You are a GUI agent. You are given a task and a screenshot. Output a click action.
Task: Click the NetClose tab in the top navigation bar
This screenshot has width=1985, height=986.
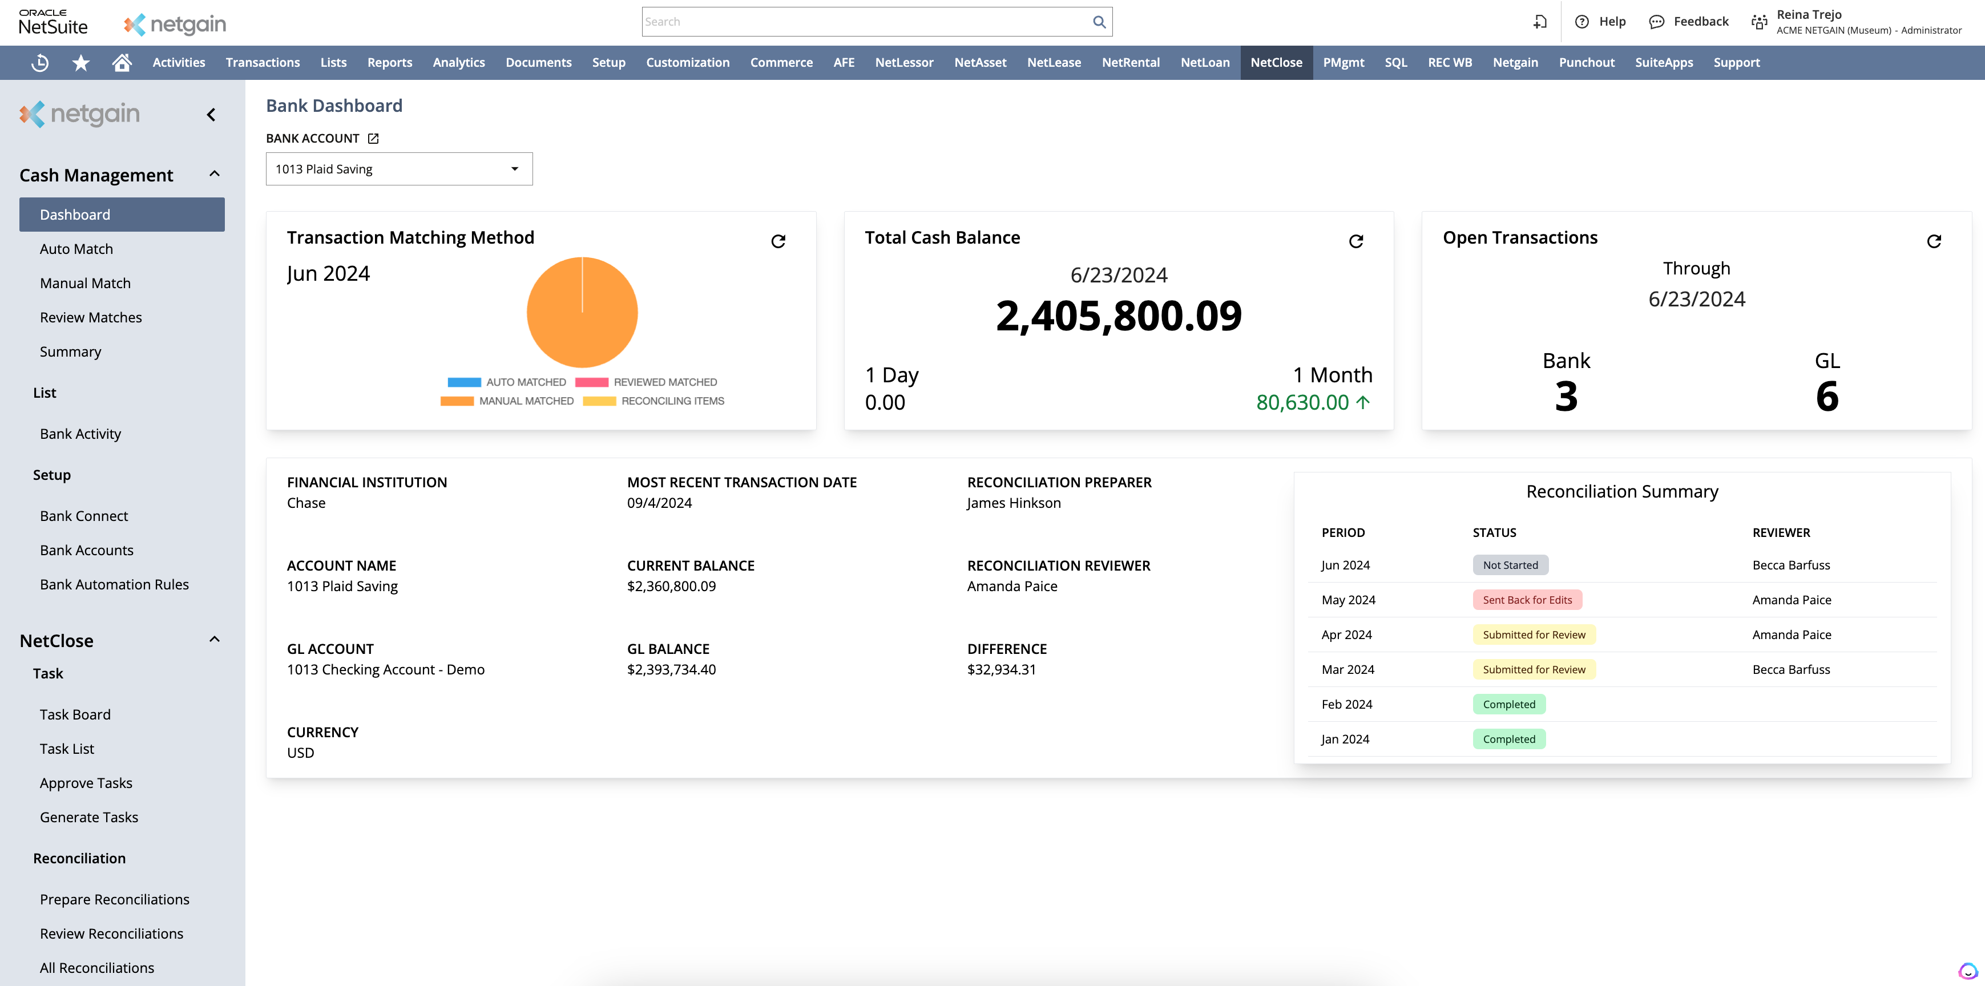[1276, 62]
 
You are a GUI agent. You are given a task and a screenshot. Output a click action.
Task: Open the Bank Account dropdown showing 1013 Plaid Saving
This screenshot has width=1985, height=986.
[398, 169]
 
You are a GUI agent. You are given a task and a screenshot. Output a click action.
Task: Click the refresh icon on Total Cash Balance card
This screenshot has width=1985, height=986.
[1355, 241]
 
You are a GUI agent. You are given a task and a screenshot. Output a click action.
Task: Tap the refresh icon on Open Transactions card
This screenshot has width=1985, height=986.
[1934, 241]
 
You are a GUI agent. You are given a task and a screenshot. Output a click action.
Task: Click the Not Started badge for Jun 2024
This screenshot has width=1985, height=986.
[1510, 565]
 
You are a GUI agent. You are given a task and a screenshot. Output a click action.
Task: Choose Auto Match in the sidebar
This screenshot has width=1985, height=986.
[76, 249]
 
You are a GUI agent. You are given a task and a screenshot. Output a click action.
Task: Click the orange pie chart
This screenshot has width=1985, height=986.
[582, 313]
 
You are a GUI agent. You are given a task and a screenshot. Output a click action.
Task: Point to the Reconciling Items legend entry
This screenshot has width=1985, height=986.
[653, 401]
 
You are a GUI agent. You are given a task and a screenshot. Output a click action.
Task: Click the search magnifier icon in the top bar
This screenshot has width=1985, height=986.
[1099, 22]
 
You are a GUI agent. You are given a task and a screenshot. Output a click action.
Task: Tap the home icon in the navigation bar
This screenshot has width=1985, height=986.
[122, 62]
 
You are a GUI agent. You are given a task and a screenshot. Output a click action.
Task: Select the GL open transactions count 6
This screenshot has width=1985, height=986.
[1826, 397]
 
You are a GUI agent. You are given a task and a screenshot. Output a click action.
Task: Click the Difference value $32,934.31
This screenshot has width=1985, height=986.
[1001, 669]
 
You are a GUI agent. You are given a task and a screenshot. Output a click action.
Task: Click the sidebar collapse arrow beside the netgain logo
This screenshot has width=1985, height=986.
[211, 115]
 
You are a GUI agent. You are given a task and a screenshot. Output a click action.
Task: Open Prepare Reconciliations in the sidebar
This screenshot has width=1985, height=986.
[114, 899]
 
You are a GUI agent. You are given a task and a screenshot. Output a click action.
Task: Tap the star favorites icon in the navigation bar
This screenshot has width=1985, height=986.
[81, 62]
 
